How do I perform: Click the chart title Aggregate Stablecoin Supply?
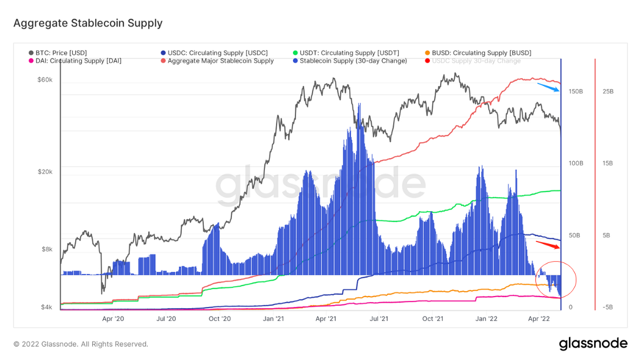(x=88, y=23)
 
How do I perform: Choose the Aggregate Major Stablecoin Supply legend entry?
(x=220, y=61)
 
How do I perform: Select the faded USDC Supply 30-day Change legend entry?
(x=476, y=61)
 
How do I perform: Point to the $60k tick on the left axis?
(x=45, y=80)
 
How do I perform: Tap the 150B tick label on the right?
(x=576, y=92)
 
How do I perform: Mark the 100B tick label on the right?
(x=576, y=164)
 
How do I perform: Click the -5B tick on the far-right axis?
(x=607, y=308)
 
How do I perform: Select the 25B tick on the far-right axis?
(x=607, y=92)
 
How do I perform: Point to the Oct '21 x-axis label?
(x=432, y=318)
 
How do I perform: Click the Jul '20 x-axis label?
(x=166, y=318)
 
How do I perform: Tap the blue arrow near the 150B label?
(x=548, y=87)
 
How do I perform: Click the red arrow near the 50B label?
(x=548, y=245)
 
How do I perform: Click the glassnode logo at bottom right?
(x=593, y=344)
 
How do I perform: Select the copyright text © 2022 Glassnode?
(x=81, y=344)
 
